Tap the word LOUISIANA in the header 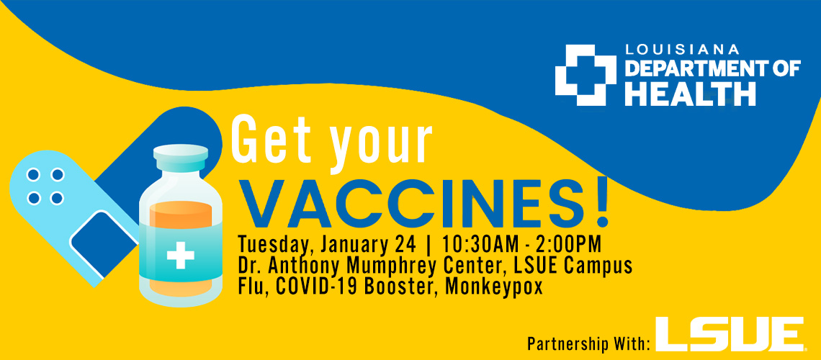coord(682,50)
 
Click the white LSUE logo coord(730,333)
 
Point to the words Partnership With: coord(589,344)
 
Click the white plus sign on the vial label coord(181,256)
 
